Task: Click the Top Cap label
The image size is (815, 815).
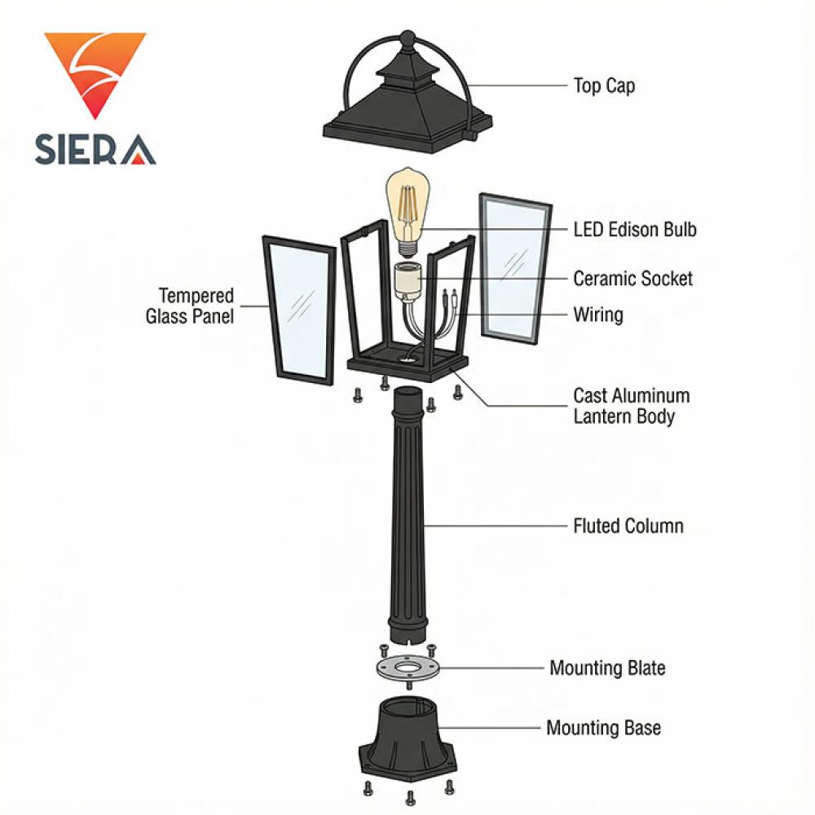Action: [x=603, y=86]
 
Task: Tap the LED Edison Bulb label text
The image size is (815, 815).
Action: [x=635, y=230]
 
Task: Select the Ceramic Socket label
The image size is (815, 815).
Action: [x=632, y=279]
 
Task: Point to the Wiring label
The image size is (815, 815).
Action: [x=597, y=315]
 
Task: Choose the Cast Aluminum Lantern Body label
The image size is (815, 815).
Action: [x=631, y=406]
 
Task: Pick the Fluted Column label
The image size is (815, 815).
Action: [x=628, y=526]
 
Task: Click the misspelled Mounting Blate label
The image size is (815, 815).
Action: [x=607, y=668]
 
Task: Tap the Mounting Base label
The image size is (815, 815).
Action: [x=603, y=728]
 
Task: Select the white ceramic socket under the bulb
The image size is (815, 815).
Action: [x=408, y=280]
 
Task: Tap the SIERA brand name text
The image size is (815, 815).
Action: [x=95, y=149]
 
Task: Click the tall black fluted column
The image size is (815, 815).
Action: [x=408, y=513]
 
